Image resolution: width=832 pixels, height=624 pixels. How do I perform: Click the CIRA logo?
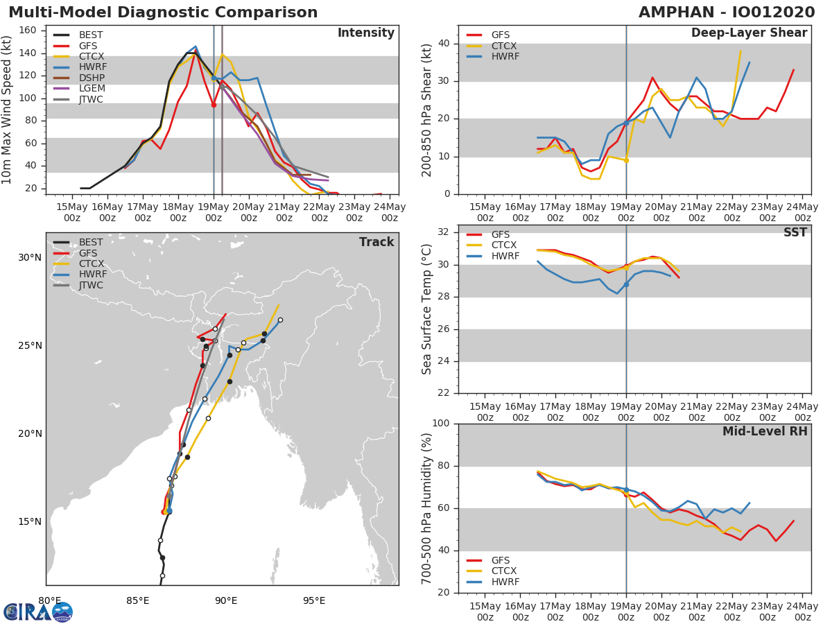[38, 612]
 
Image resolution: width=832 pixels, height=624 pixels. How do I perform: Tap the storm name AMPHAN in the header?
[676, 12]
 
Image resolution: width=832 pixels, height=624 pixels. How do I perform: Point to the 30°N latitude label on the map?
[30, 258]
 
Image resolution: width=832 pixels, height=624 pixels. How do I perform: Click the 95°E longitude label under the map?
[314, 600]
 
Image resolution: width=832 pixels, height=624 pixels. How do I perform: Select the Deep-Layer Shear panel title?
[749, 33]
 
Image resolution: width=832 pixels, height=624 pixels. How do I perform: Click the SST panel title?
[795, 232]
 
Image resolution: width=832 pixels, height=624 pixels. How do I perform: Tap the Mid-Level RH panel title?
[765, 431]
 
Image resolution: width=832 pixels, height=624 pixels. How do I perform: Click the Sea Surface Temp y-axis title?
[426, 309]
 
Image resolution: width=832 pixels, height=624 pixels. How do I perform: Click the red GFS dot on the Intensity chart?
[214, 105]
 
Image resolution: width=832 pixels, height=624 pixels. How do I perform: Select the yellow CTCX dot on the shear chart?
[626, 160]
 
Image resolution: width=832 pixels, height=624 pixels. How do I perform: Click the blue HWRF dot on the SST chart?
[626, 284]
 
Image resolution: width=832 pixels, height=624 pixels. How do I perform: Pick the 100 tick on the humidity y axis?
[441, 423]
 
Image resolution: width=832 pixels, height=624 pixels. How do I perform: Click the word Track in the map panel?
[376, 242]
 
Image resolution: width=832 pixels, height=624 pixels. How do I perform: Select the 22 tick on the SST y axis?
[444, 393]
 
